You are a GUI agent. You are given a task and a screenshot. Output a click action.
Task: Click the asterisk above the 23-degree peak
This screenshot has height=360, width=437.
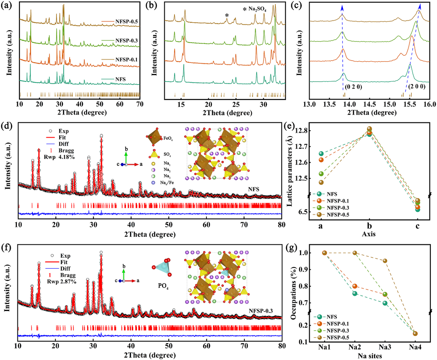227,15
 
